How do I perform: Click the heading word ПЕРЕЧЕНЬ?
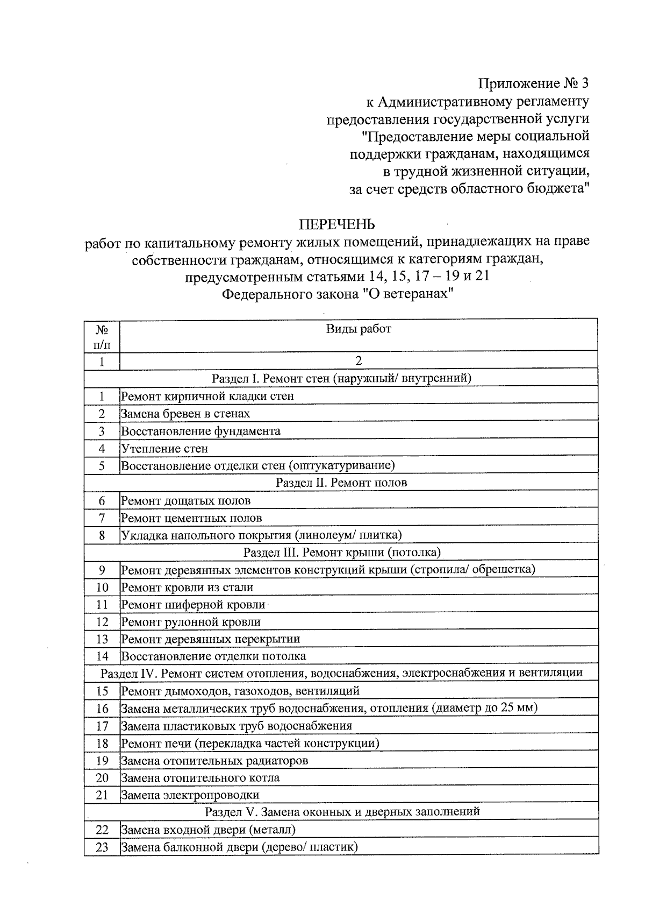337,224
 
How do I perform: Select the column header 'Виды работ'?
359,329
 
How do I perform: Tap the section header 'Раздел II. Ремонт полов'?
341,483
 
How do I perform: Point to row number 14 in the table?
102,656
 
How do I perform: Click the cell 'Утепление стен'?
164,449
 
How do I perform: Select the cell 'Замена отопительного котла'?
200,778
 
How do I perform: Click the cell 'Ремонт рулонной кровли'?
191,622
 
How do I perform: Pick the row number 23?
102,847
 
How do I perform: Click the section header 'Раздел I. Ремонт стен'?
341,378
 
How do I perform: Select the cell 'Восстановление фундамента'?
200,431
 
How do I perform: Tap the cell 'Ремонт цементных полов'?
192,519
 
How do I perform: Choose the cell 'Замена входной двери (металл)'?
209,830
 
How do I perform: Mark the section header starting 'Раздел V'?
341,812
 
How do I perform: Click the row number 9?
102,570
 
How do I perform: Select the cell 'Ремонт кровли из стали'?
187,588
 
